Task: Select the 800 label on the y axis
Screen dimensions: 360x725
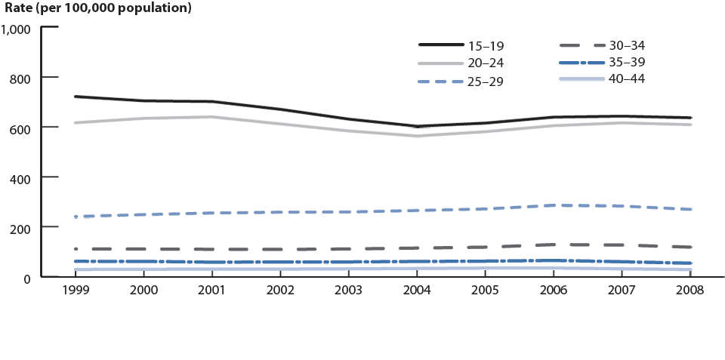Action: pyautogui.click(x=20, y=78)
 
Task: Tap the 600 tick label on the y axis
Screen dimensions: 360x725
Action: pyautogui.click(x=20, y=128)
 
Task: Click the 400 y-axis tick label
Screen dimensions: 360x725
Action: pyautogui.click(x=20, y=178)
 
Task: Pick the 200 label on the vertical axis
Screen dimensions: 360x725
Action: pyautogui.click(x=20, y=228)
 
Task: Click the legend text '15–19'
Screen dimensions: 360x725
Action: pyautogui.click(x=488, y=46)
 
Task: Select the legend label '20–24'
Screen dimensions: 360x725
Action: pyautogui.click(x=488, y=63)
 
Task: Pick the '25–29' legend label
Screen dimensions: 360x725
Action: pyautogui.click(x=488, y=81)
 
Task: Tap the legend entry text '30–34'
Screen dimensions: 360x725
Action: pyautogui.click(x=628, y=45)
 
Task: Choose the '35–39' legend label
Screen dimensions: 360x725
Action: pyautogui.click(x=628, y=62)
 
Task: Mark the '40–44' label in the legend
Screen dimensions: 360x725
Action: pyautogui.click(x=628, y=78)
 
